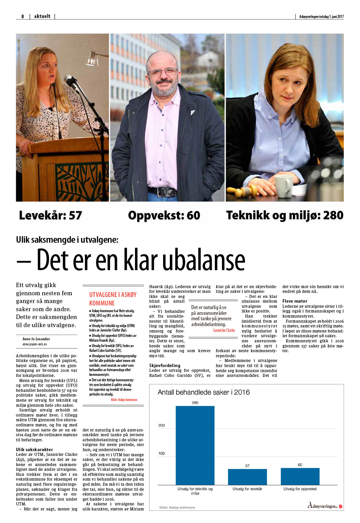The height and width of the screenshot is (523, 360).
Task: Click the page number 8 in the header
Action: (x=23, y=16)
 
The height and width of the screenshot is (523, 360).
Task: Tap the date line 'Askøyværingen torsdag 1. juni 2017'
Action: (x=321, y=17)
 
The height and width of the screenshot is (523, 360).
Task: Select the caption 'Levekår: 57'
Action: (x=50, y=215)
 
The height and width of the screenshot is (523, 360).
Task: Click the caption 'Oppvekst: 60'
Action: (x=164, y=215)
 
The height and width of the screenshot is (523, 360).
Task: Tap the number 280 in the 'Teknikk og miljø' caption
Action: (x=333, y=215)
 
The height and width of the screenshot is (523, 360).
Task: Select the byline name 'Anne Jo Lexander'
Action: (x=36, y=339)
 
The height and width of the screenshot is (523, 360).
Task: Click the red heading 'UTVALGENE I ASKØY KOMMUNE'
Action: (x=113, y=299)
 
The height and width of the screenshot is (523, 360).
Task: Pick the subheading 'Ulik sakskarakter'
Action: (x=35, y=449)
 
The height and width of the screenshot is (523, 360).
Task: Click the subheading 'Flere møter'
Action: (x=295, y=301)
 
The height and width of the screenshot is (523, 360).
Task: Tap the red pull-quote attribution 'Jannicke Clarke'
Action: (x=224, y=330)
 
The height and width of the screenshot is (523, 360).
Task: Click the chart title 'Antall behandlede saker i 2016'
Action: (x=204, y=392)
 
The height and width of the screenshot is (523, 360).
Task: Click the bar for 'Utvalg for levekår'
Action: (x=247, y=477)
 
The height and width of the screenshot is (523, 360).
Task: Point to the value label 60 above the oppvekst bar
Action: (x=300, y=465)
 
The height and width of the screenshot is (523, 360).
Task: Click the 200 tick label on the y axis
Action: (x=162, y=425)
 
